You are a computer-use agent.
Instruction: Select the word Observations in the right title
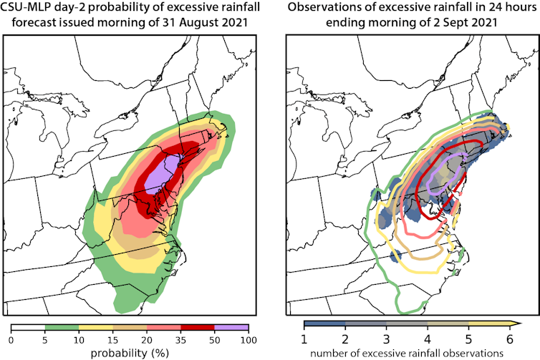[327, 8]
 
